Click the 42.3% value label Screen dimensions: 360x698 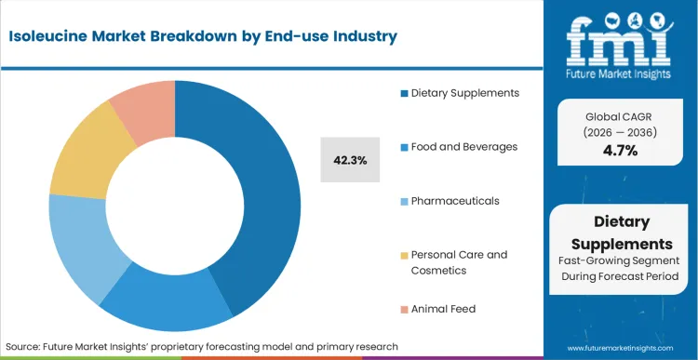click(349, 160)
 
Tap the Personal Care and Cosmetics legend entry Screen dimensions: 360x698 click(459, 261)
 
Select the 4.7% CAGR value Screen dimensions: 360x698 click(621, 151)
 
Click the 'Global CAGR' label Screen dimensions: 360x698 click(621, 117)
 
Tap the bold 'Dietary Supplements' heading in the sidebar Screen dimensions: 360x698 click(621, 233)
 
